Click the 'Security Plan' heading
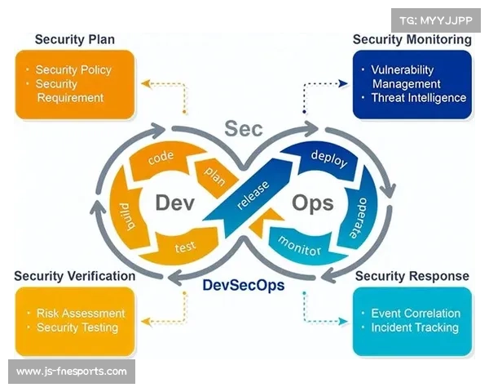(74, 39)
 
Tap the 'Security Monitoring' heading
(412, 39)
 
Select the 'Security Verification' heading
(74, 276)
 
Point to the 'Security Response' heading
(412, 276)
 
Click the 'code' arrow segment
(161, 159)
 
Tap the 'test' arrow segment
(185, 246)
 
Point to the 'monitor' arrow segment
(299, 244)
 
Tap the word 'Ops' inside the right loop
(311, 203)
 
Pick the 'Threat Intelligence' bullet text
(418, 98)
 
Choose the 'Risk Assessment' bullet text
(81, 313)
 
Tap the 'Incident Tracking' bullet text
(414, 327)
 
